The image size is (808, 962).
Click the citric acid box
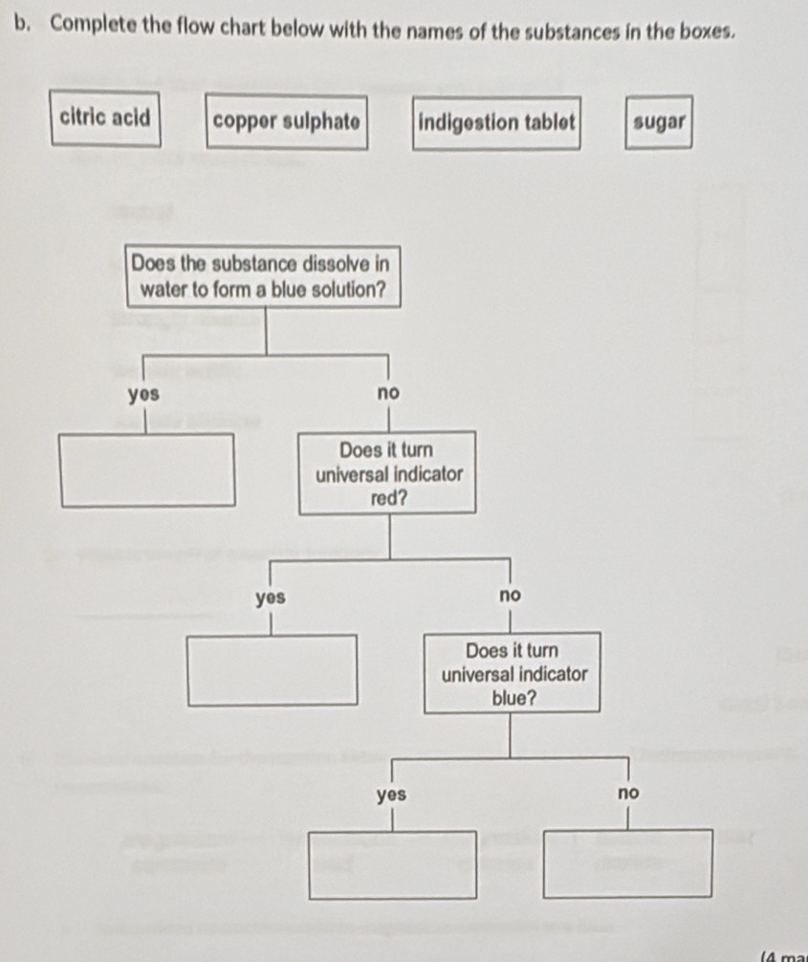pyautogui.click(x=105, y=119)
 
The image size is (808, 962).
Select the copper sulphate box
pyautogui.click(x=288, y=121)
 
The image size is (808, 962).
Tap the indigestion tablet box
pyautogui.click(x=495, y=123)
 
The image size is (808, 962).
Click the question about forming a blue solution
pyautogui.click(x=263, y=275)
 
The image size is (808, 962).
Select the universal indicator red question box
pyautogui.click(x=388, y=473)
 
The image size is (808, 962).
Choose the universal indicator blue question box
pyautogui.click(x=513, y=673)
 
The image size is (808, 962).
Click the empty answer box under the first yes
pyautogui.click(x=147, y=470)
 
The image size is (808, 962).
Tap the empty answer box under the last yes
pyautogui.click(x=392, y=864)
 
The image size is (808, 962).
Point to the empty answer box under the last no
pyautogui.click(x=628, y=863)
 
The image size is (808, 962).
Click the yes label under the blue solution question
pyautogui.click(x=144, y=394)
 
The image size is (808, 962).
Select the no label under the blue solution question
pyautogui.click(x=387, y=394)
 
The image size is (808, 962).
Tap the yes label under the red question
pyautogui.click(x=272, y=598)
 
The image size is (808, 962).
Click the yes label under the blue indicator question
pyautogui.click(x=391, y=795)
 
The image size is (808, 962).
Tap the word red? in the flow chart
pyautogui.click(x=389, y=498)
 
